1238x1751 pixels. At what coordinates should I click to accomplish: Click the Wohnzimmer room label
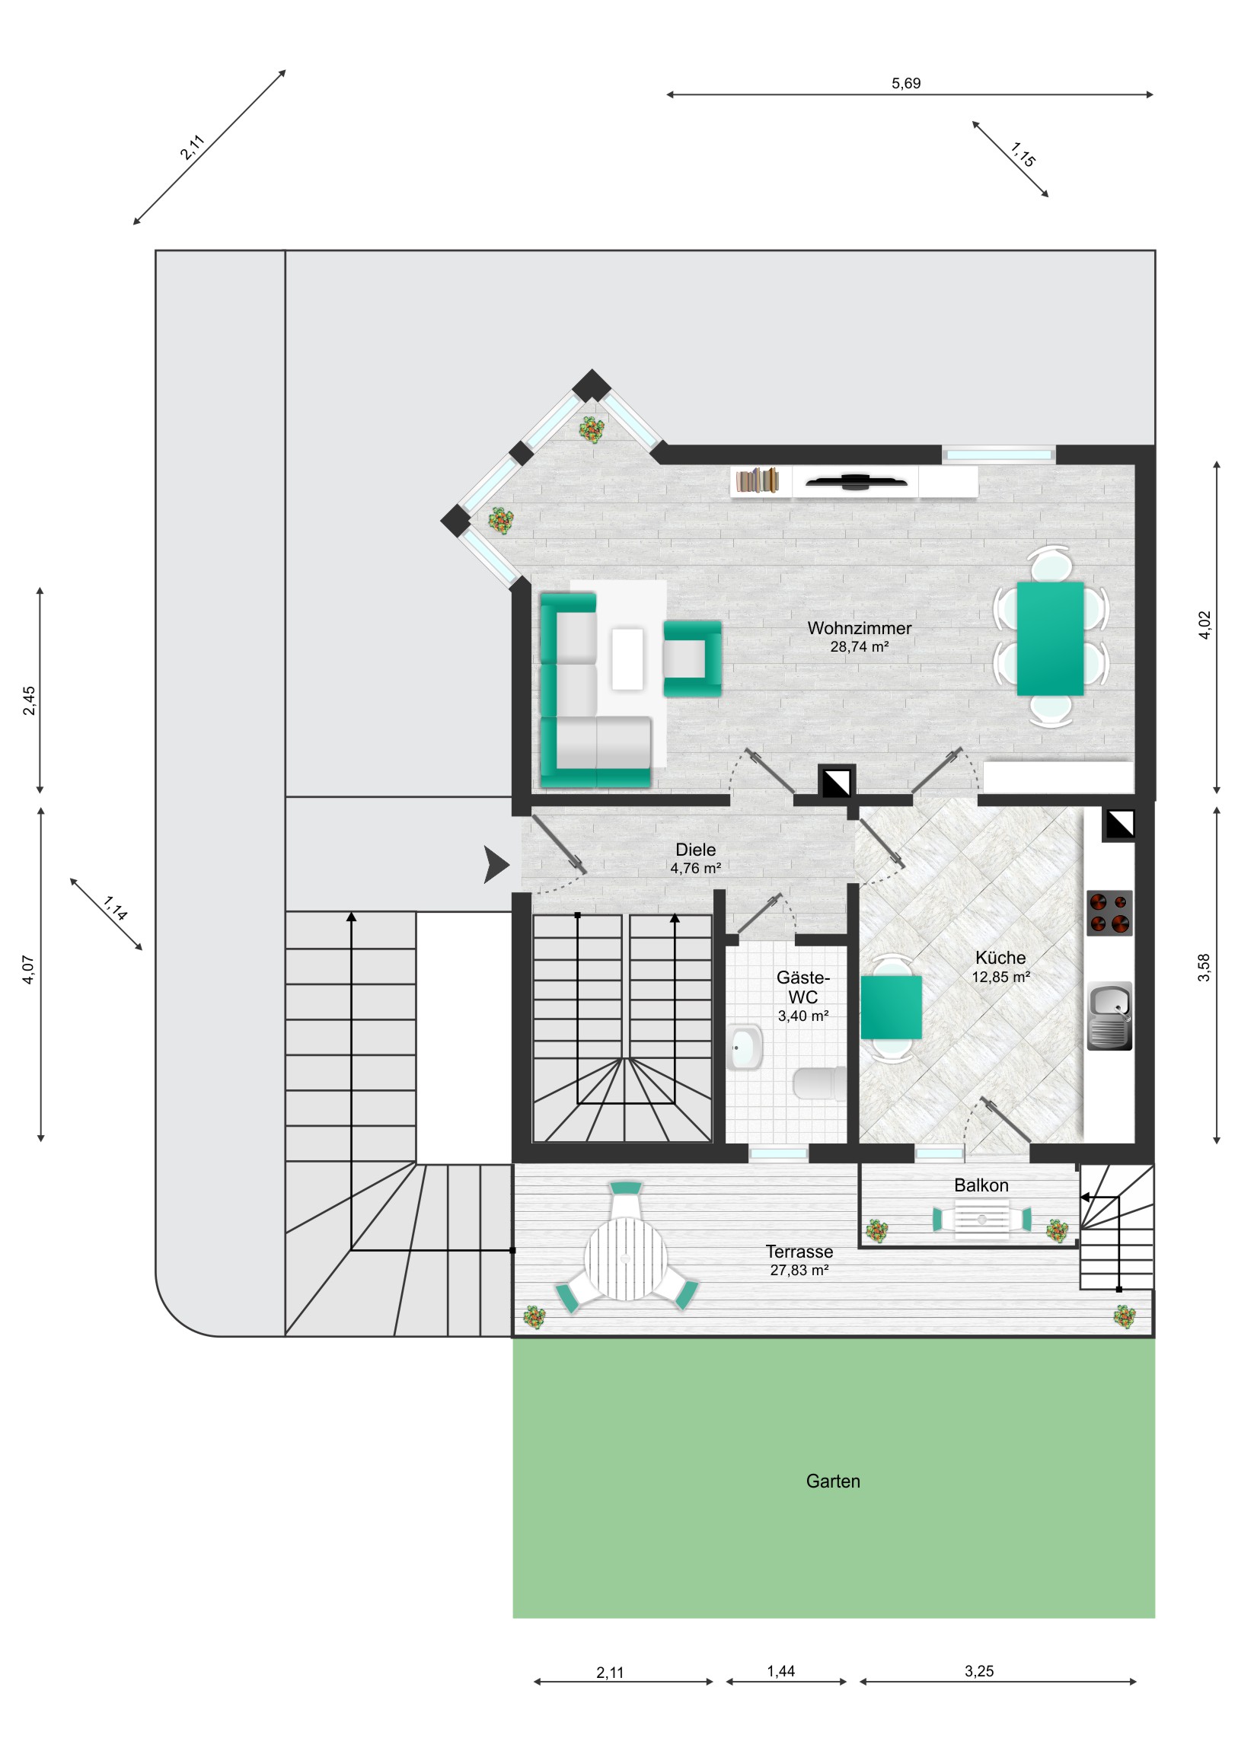859,628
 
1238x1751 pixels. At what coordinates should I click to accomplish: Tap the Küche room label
1000,958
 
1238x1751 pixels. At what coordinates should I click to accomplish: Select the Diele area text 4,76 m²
696,868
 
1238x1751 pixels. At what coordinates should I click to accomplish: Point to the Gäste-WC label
803,987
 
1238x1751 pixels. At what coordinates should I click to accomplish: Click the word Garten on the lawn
833,1481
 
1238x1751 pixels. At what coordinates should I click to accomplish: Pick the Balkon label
981,1185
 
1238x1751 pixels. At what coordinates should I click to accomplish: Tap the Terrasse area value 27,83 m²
799,1270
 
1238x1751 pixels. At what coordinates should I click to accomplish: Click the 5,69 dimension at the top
906,83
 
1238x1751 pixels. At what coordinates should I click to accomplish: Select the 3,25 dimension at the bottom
979,1672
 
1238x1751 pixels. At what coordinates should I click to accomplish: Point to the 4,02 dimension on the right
1204,625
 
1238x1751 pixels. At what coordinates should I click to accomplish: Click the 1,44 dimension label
781,1672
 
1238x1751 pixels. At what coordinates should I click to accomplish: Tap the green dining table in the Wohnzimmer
1051,638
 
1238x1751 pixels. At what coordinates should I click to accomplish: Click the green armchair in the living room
693,659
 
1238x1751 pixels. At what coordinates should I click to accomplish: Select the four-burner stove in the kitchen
1109,913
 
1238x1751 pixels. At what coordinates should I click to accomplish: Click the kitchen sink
1109,1016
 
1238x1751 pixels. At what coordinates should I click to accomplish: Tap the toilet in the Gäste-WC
820,1083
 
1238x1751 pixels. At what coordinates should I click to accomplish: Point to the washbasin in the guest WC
745,1048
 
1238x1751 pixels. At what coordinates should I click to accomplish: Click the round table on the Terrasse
626,1258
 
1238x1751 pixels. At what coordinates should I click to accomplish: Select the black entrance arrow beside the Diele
496,865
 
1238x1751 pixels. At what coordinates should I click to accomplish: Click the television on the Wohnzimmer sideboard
856,480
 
